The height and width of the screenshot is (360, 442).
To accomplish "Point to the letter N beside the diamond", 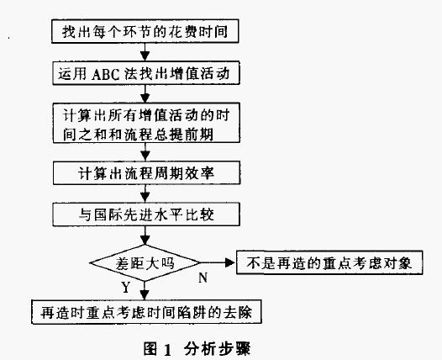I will pyautogui.click(x=203, y=275).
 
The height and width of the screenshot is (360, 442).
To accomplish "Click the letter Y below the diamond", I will pyautogui.click(x=125, y=287).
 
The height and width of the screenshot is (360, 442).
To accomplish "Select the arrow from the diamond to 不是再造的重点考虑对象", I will pyautogui.click(x=218, y=262).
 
